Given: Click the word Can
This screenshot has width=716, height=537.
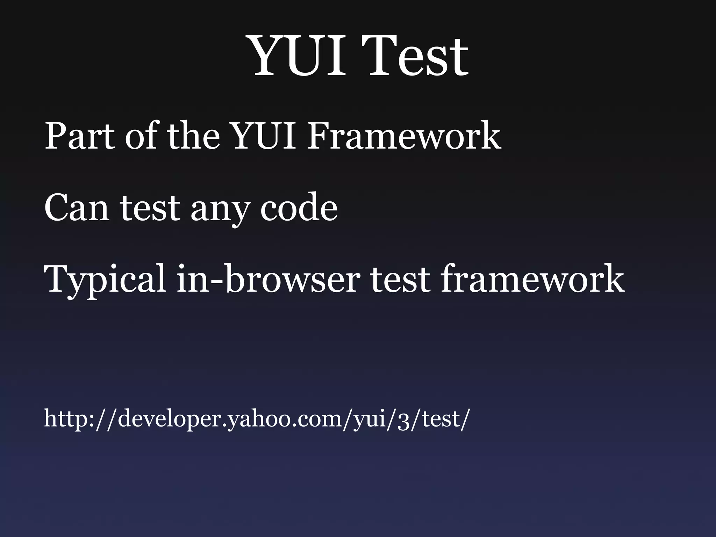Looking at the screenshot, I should [76, 208].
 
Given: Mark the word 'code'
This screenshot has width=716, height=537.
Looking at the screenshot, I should [299, 208].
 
